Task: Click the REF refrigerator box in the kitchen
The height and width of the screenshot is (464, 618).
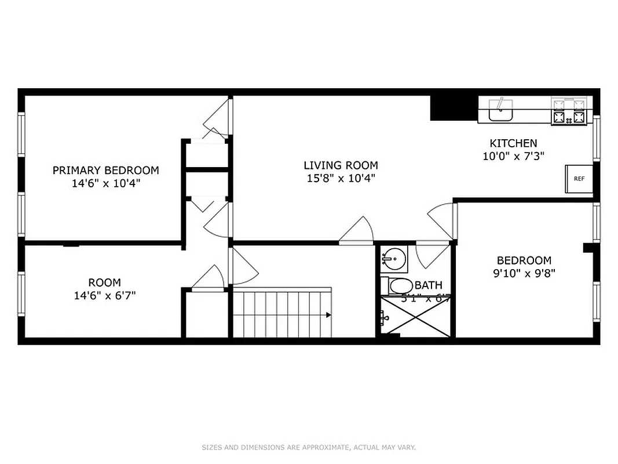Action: tap(579, 179)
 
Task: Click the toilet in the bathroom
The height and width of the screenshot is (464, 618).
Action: tap(399, 285)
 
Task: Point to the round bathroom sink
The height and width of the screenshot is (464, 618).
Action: tap(394, 258)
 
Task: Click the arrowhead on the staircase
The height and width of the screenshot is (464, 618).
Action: tap(328, 315)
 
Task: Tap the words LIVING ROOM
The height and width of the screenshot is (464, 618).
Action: tap(341, 165)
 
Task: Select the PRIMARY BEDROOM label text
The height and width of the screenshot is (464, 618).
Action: tap(105, 170)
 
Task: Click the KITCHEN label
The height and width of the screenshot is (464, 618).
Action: tap(513, 143)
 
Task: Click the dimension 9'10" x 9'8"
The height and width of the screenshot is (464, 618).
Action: tap(524, 273)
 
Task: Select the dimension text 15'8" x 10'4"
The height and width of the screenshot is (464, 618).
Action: tap(341, 179)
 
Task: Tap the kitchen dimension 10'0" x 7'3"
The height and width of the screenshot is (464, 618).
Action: tap(513, 156)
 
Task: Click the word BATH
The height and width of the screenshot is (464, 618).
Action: tap(429, 285)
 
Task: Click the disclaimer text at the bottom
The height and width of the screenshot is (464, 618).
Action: tap(309, 447)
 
